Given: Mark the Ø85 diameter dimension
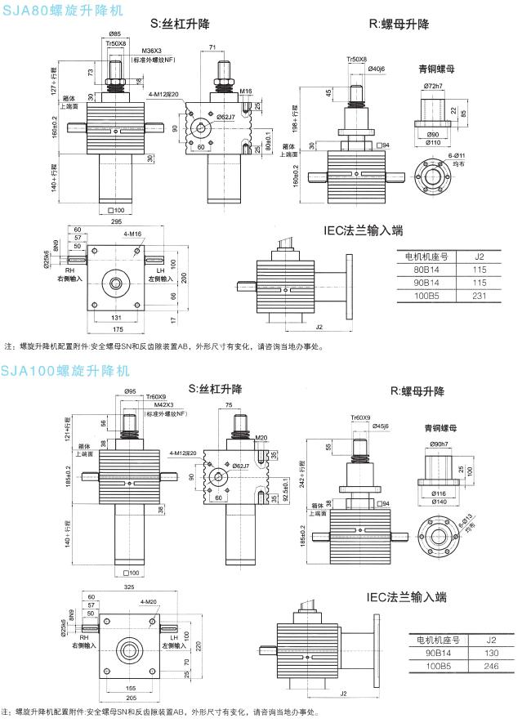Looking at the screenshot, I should pyautogui.click(x=115, y=33).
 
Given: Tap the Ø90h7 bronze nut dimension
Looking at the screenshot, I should pyautogui.click(x=439, y=444).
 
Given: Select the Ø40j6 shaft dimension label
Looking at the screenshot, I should pyautogui.click(x=377, y=69).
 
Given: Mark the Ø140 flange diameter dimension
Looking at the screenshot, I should pyautogui.click(x=439, y=501).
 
